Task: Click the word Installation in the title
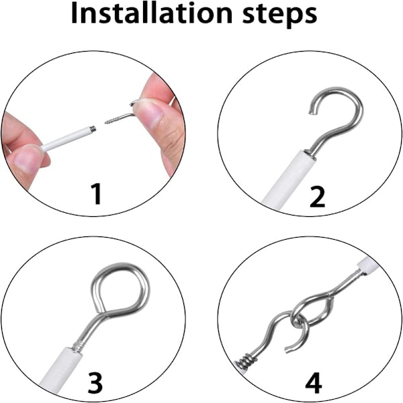point(152,13)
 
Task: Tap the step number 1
point(97,194)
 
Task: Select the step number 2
point(318,197)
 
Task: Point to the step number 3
point(95,383)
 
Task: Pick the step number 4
point(314,383)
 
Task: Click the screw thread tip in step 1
point(105,123)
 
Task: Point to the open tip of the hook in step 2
point(312,111)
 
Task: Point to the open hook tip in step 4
point(288,350)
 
